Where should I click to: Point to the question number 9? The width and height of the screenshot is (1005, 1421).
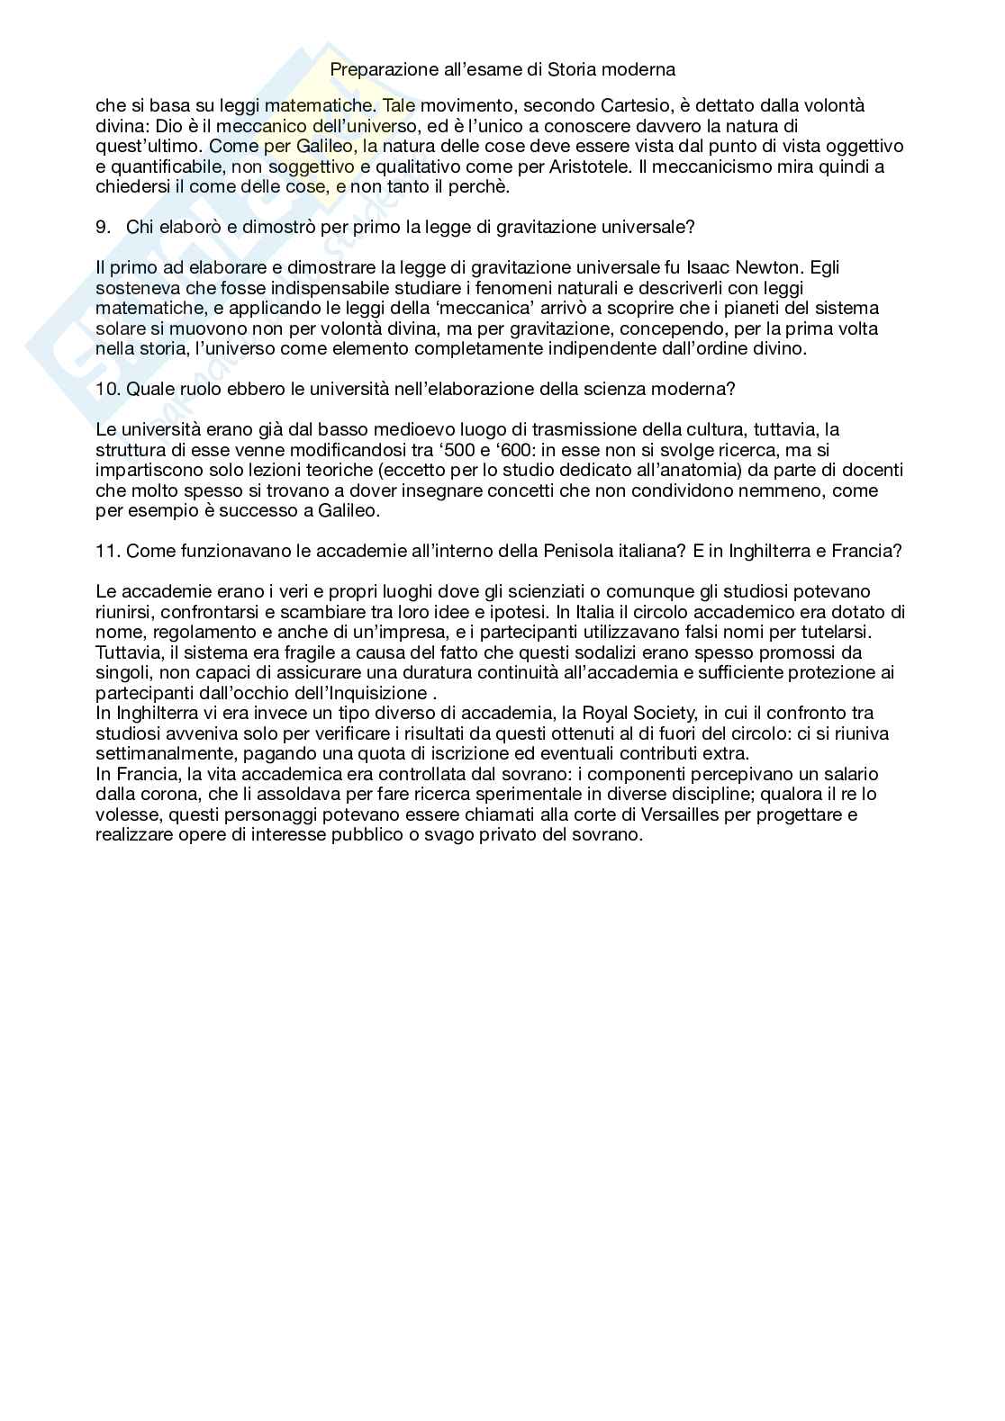tap(102, 227)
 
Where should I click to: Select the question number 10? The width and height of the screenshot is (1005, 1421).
tap(107, 389)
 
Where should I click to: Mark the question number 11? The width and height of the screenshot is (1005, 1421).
tap(107, 551)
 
